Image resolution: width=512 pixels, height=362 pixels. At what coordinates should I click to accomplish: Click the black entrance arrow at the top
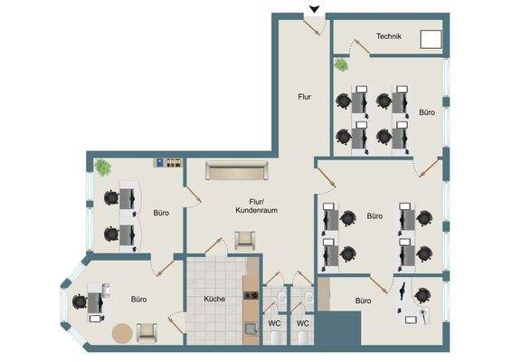tap(314, 10)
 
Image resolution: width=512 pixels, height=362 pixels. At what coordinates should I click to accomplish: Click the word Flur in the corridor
tap(305, 95)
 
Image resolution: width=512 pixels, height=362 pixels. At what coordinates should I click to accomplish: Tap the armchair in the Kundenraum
tap(245, 240)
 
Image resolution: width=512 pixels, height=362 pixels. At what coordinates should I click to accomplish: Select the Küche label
tap(213, 299)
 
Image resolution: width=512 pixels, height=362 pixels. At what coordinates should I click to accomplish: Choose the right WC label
tap(304, 323)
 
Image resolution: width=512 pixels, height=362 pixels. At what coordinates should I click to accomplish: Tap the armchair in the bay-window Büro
tap(145, 332)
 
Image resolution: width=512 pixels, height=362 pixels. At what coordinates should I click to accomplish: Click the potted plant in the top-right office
tap(341, 65)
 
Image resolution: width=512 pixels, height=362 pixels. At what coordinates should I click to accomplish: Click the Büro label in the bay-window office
tap(138, 299)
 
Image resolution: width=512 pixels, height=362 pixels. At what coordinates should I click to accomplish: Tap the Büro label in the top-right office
tap(427, 113)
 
